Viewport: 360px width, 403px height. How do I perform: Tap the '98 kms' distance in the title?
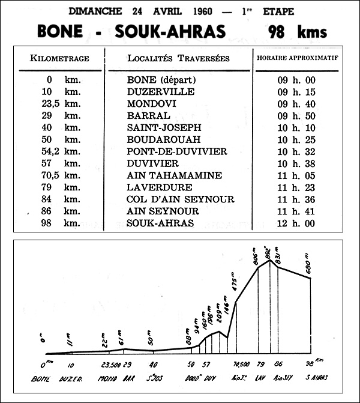298,31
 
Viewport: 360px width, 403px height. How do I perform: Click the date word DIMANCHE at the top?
93,11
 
